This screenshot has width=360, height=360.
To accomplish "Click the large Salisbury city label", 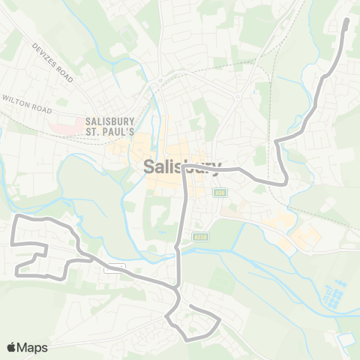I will point(182,167).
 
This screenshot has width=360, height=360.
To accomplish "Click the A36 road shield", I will point(220,193).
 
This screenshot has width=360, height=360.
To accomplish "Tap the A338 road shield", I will point(198,236).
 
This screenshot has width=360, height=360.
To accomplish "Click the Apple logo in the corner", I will point(11,347).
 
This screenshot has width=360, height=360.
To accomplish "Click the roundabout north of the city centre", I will point(160,82).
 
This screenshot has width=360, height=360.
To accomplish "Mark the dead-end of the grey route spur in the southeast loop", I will point(188,306).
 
